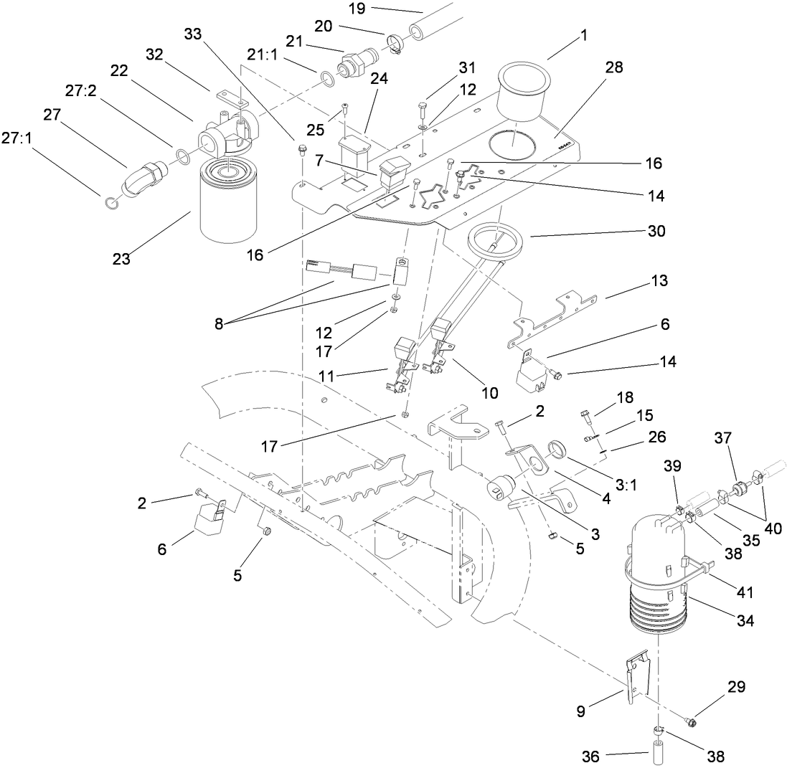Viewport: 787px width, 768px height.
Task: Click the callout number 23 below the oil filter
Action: tap(121, 259)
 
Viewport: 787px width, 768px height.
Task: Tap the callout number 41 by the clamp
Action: tap(745, 592)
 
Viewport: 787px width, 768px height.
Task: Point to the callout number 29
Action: tap(736, 687)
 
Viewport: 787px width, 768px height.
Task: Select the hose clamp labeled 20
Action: tap(395, 44)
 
